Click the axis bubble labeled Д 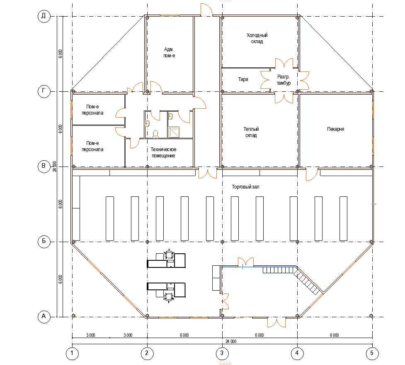pyautogui.click(x=44, y=16)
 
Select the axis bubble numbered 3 pyautogui.click(x=222, y=353)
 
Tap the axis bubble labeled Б pyautogui.click(x=44, y=241)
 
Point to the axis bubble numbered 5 pyautogui.click(x=372, y=353)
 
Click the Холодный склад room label pyautogui.click(x=257, y=38)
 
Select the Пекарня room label pyautogui.click(x=335, y=129)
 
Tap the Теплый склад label pyautogui.click(x=251, y=132)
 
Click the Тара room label pyautogui.click(x=243, y=79)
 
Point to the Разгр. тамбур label pyautogui.click(x=284, y=80)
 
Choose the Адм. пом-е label pyautogui.click(x=169, y=52)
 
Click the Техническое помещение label pyautogui.click(x=163, y=153)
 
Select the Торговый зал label pyautogui.click(x=245, y=187)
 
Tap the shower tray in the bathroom pyautogui.click(x=174, y=132)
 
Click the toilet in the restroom pyautogui.click(x=155, y=134)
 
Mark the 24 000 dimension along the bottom pyautogui.click(x=231, y=341)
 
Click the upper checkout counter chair pyautogui.click(x=169, y=255)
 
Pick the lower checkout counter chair pyautogui.click(x=169, y=297)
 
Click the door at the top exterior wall pyautogui.click(x=206, y=10)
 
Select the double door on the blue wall pyautogui.click(x=246, y=262)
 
